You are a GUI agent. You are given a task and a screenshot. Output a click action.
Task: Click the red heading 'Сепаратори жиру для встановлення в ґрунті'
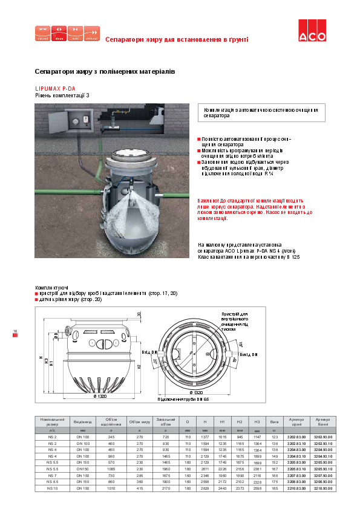(x=177, y=40)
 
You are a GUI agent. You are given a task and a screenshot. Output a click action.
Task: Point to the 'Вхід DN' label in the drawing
(x=149, y=352)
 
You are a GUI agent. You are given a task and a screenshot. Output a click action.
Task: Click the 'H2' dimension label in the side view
(x=139, y=366)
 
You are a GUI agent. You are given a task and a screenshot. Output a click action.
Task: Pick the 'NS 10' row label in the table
(x=51, y=488)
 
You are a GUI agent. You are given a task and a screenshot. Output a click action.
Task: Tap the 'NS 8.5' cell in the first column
(x=51, y=481)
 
